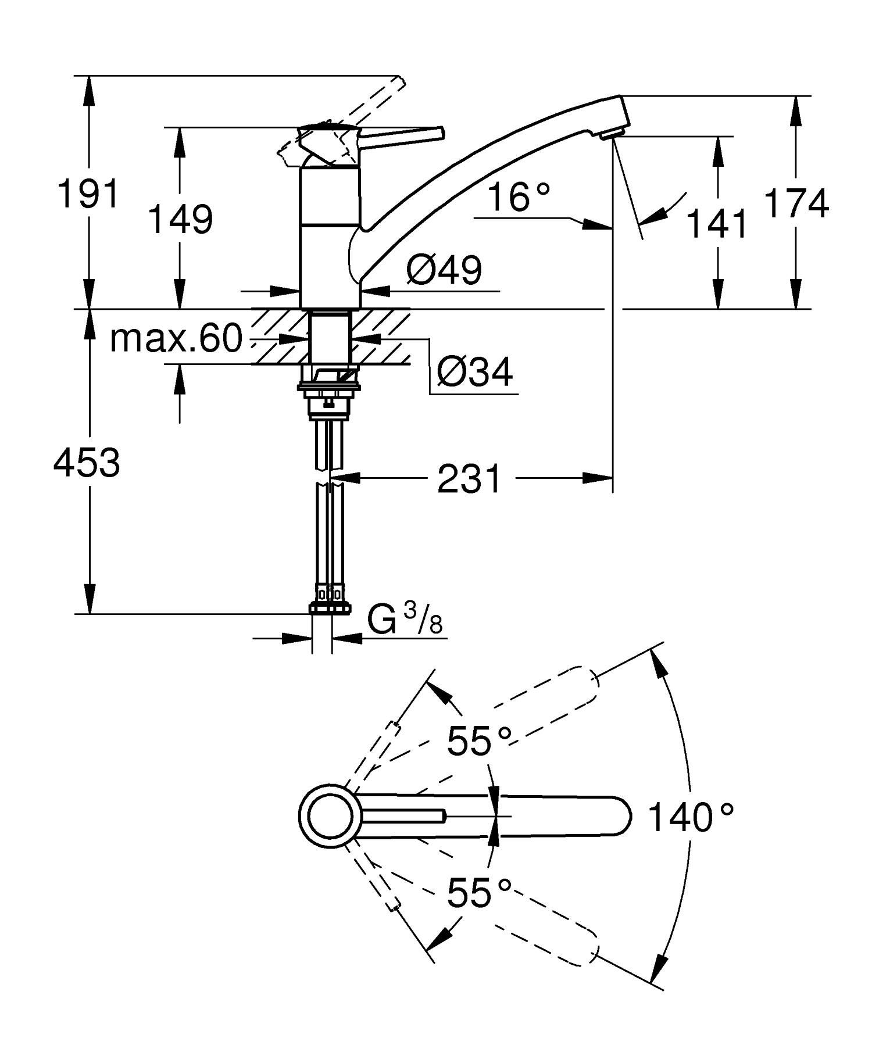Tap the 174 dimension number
796,203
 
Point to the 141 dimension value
717,224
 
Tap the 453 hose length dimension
87,463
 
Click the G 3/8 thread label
405,622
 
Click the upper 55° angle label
479,740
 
